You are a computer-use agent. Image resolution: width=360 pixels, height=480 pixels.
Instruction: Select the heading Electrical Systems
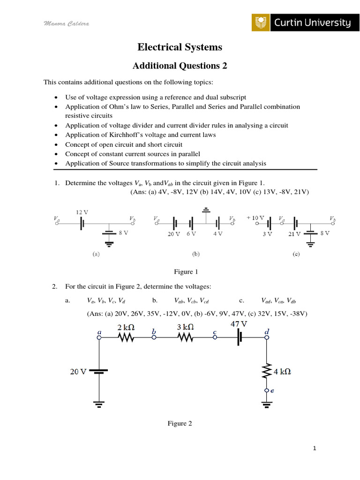coord(180,47)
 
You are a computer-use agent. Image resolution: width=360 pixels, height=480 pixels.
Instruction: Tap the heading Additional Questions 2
coord(180,66)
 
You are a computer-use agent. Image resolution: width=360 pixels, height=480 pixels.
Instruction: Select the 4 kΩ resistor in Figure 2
coord(267,371)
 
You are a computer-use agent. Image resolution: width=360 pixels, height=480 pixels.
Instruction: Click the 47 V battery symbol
coord(240,337)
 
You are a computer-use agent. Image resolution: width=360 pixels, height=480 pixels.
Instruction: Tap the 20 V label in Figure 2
coord(78,371)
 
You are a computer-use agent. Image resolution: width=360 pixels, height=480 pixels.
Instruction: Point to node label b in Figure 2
coord(153,331)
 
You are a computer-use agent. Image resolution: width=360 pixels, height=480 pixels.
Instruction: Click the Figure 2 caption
coord(180,423)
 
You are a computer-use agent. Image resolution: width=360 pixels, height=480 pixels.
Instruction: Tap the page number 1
coord(315,449)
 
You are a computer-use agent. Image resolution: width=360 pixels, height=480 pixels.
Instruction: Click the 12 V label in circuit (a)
coord(82,212)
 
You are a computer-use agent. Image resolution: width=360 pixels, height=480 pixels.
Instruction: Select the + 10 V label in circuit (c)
coord(256,218)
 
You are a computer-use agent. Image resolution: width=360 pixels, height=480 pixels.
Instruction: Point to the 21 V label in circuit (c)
coord(294,234)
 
